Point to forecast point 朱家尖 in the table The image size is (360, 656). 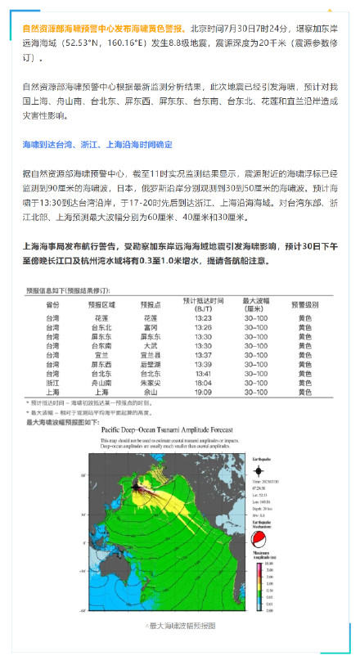[149, 383]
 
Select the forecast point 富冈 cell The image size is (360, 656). [149, 326]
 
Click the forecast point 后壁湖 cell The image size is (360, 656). [149, 364]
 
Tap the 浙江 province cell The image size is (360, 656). [52, 383]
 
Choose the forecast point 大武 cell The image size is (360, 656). [149, 345]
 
